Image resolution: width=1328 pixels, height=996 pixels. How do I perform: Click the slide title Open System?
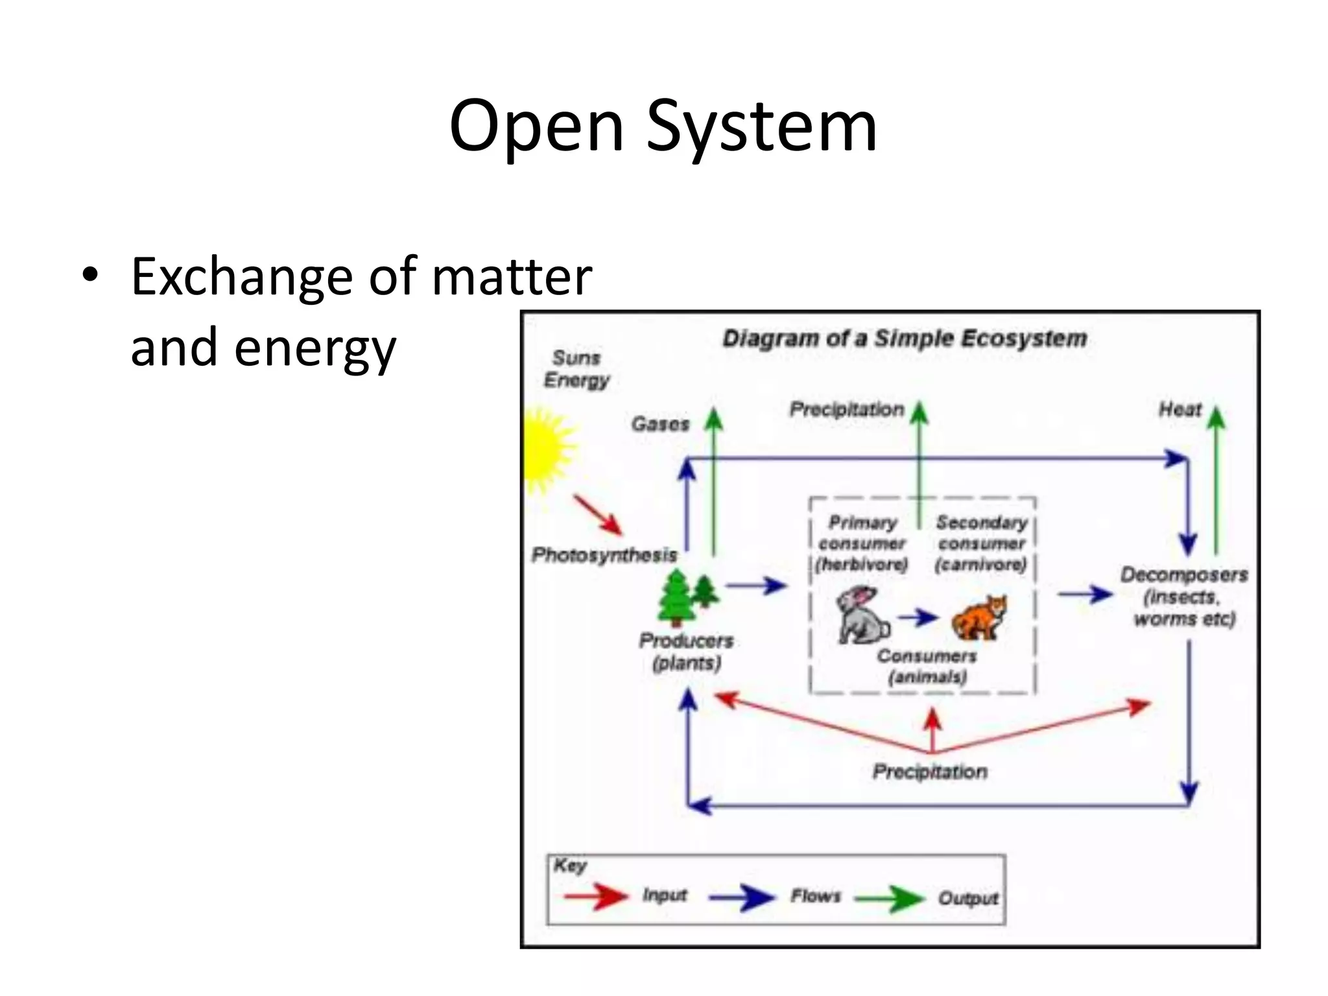tap(663, 126)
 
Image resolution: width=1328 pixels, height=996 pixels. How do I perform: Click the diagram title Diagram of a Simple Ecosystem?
tap(904, 338)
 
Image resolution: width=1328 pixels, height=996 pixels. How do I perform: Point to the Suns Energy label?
tap(576, 369)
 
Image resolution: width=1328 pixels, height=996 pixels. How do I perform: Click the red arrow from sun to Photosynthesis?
tap(597, 516)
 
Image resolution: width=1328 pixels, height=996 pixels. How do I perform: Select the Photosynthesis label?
tap(604, 555)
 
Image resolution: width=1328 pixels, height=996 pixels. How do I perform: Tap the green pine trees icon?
tap(687, 595)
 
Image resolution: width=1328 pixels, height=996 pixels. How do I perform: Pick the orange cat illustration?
tap(979, 617)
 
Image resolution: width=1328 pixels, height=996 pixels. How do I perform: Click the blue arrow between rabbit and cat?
tap(918, 617)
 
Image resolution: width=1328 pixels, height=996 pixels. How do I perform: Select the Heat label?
tap(1180, 410)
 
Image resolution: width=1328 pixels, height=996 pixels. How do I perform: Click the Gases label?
tap(660, 424)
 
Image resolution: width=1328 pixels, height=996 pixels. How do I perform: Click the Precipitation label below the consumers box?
tap(929, 772)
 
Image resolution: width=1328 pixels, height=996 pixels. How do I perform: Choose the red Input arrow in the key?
tap(595, 897)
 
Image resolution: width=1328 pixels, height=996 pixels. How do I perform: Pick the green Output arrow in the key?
tap(889, 899)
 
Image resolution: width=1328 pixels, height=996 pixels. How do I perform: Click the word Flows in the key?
tap(815, 896)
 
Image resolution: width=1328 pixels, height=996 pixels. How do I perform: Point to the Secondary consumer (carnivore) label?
tap(981, 543)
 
